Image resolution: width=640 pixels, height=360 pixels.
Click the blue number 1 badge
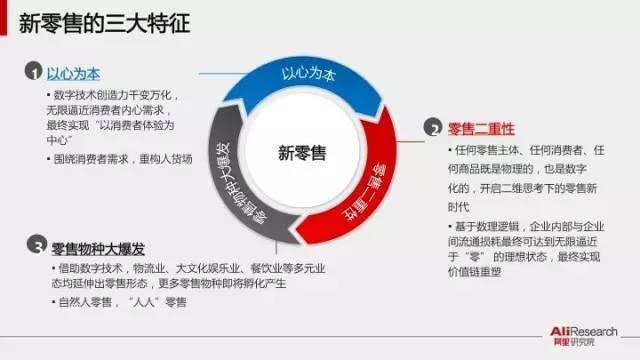pos(33,74)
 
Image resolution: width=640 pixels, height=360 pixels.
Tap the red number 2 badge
pos(433,128)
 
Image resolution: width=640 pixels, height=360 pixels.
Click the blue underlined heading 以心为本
pos(74,74)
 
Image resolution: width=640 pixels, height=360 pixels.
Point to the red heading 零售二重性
pos(482,128)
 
